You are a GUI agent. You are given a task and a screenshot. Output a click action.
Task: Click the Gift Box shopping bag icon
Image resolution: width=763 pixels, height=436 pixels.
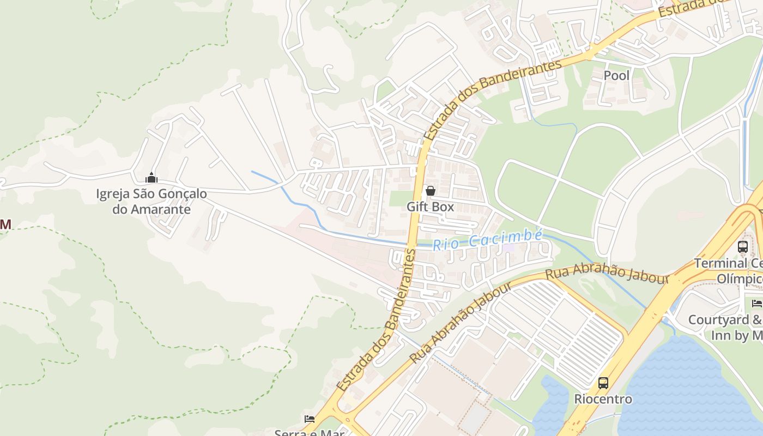430,191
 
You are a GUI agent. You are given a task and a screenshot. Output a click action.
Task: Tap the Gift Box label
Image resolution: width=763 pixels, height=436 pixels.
430,207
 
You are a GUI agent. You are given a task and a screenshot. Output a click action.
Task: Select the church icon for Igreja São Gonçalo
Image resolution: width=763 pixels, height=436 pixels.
152,178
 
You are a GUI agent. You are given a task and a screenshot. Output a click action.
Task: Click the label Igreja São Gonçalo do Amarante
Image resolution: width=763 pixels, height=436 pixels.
152,201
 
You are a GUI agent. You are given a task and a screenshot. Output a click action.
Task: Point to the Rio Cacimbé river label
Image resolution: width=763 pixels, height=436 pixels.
488,240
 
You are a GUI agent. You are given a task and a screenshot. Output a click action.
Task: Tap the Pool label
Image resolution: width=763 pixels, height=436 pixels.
616,76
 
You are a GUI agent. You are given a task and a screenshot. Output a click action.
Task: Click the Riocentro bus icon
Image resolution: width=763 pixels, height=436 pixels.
603,383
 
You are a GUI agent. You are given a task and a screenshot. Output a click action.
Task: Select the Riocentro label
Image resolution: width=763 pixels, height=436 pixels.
603,399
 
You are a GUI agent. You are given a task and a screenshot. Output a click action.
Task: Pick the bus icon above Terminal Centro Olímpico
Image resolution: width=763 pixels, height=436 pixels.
742,246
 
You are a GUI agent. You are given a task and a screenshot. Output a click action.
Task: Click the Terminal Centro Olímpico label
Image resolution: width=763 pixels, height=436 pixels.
728,271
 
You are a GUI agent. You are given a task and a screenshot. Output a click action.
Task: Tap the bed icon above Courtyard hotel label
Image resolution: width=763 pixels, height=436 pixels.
756,303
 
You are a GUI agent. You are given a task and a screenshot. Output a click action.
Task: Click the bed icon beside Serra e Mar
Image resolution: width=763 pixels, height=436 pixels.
310,419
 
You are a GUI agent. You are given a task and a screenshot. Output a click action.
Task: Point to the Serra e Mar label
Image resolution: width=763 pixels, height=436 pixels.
310,433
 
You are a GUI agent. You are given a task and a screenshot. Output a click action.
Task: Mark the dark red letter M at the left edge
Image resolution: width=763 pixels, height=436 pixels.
5,224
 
